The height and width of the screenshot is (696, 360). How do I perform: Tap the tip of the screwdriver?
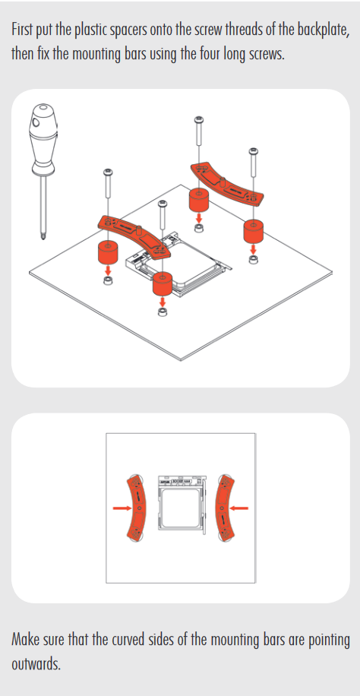43,239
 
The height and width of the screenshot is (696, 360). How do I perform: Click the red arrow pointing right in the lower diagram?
121,508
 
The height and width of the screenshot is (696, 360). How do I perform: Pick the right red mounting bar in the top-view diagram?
225,508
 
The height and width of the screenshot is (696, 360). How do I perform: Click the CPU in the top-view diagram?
181,509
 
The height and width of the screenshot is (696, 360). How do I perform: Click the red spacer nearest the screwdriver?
107,252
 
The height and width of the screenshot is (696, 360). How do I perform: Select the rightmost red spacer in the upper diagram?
253,231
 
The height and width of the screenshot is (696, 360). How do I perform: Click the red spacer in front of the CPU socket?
162,284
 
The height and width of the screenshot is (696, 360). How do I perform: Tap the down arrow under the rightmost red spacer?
253,248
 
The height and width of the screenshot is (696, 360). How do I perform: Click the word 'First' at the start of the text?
23,30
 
